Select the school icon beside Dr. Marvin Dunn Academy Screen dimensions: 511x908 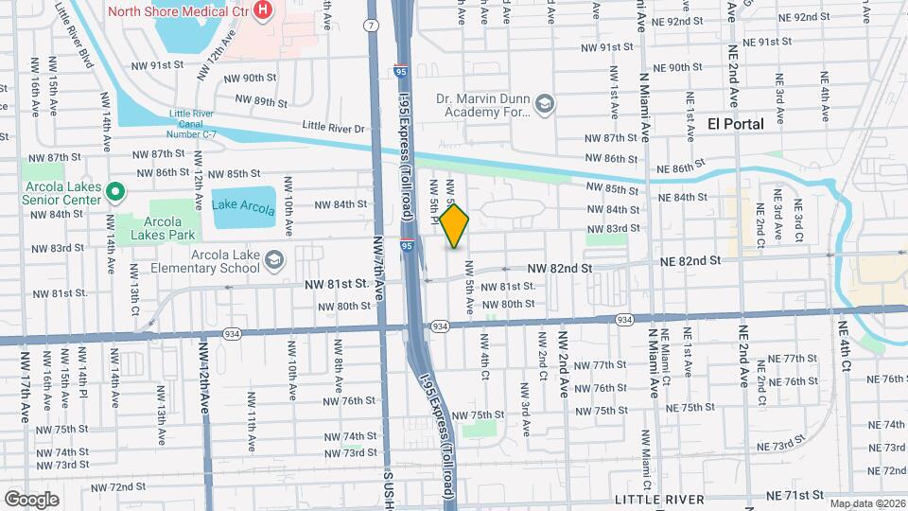click(x=544, y=103)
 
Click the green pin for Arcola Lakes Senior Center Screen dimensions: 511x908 click(x=116, y=192)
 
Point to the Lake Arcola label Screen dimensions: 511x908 click(x=243, y=205)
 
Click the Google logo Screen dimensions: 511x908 click(x=31, y=499)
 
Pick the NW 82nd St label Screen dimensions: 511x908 click(x=559, y=269)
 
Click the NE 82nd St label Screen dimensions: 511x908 click(x=690, y=259)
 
